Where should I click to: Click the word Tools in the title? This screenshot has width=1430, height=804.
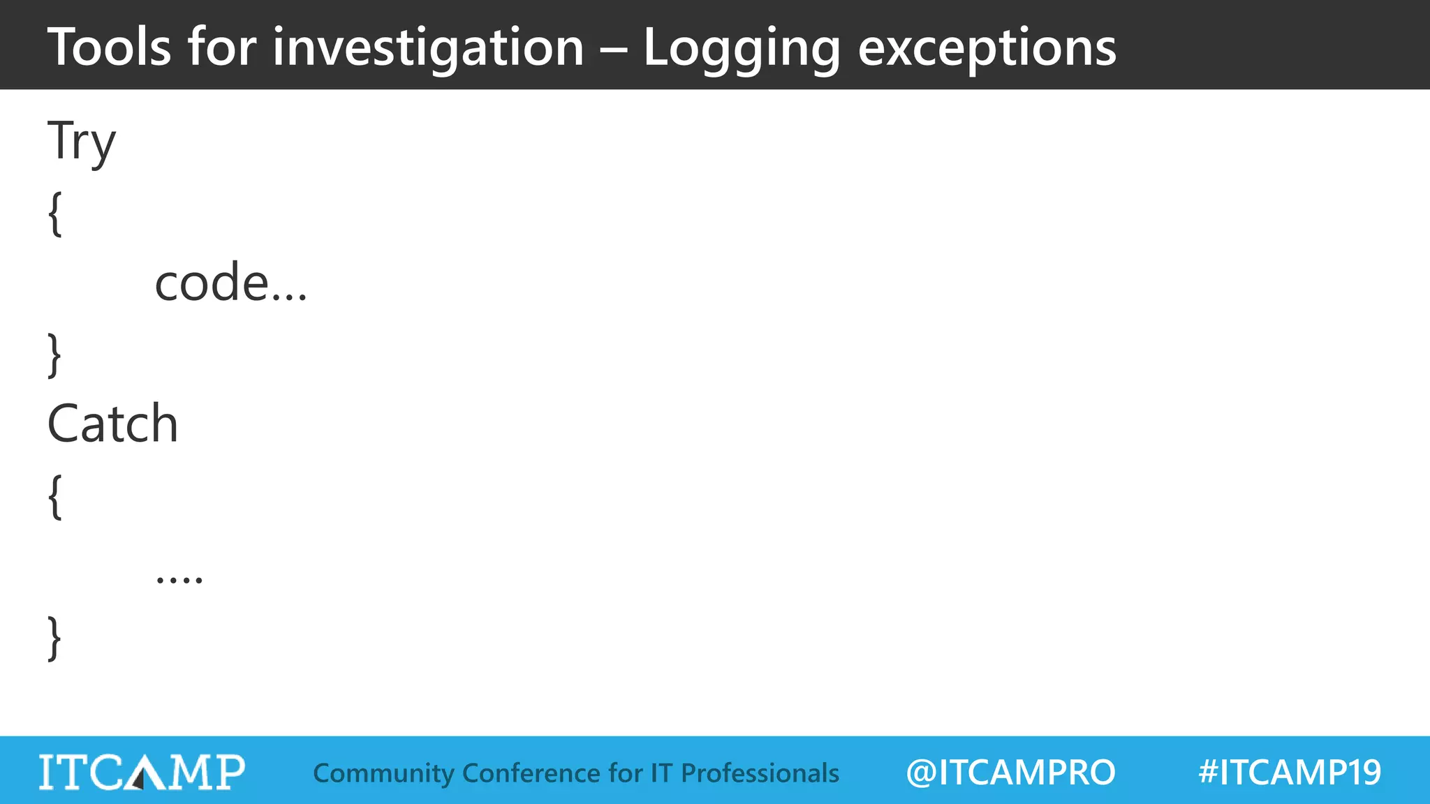109,47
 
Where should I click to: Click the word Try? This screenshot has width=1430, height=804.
81,142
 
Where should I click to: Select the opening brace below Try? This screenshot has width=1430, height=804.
55,214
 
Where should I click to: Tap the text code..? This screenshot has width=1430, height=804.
230,283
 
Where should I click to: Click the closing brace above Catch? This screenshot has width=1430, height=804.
54,355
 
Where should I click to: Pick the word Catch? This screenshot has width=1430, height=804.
112,424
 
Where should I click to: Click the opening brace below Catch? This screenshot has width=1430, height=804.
55,496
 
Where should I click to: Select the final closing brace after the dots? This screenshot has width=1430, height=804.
54,638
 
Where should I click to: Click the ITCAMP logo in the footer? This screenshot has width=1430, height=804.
142,772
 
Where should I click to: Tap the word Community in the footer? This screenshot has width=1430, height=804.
383,773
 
